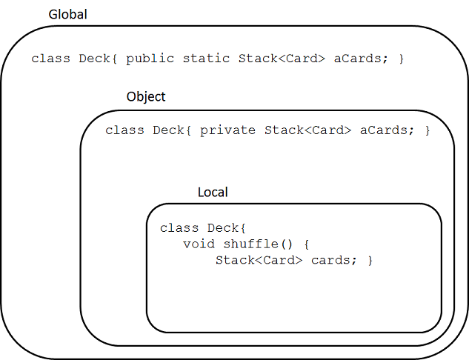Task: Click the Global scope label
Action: [x=68, y=14]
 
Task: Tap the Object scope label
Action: [x=146, y=97]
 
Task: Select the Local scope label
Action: [x=213, y=192]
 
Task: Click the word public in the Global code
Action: [x=150, y=59]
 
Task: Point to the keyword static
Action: [x=206, y=59]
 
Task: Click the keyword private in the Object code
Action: [x=228, y=130]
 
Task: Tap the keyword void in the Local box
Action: [x=199, y=244]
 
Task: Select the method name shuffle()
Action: [x=258, y=244]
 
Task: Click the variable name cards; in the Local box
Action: [x=334, y=260]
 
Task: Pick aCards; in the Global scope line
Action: [x=361, y=59]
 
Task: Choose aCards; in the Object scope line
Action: [x=387, y=130]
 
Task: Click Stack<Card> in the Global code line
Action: [x=282, y=59]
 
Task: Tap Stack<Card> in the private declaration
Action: [x=307, y=130]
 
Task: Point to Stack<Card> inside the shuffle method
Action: [x=259, y=260]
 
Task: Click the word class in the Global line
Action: [x=51, y=59]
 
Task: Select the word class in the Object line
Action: [x=124, y=130]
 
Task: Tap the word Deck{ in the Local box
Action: [x=227, y=228]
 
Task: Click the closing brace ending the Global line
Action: [x=402, y=59]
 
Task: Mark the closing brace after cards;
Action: [x=370, y=261]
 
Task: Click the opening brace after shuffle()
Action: [x=306, y=244]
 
